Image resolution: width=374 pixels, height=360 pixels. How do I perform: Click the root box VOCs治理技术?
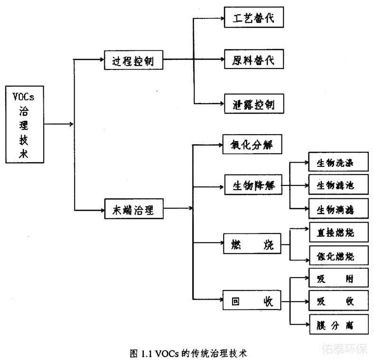(24, 125)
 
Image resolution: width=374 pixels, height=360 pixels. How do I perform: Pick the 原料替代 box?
(254, 60)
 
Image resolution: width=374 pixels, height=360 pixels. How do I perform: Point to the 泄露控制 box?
(254, 103)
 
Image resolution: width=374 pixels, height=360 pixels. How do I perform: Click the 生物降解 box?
(253, 185)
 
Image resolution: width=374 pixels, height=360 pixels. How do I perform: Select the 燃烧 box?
(252, 246)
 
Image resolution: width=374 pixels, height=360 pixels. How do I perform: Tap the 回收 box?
(252, 301)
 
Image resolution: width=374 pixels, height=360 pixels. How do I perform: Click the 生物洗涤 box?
(338, 163)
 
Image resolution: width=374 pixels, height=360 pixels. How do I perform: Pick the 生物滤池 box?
(338, 185)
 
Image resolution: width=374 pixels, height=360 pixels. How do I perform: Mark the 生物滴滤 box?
(338, 208)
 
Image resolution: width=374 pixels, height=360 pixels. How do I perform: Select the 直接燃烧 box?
(338, 233)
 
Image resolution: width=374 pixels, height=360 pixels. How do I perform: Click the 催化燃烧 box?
(338, 256)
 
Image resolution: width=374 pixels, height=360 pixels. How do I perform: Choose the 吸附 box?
(338, 278)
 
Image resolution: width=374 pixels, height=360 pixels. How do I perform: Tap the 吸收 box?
(338, 301)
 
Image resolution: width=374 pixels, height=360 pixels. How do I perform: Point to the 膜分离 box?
(338, 325)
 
